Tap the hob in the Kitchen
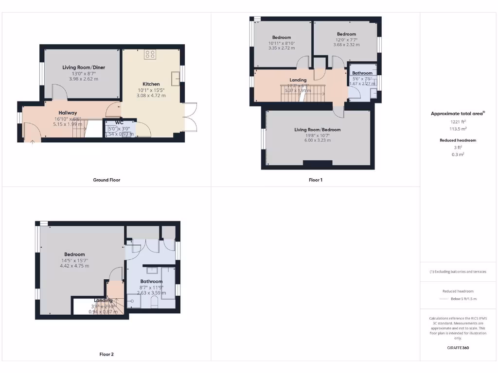click(x=150, y=54)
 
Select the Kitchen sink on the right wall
click(x=175, y=77)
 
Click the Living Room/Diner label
click(x=84, y=68)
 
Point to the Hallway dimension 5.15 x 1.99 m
click(x=69, y=124)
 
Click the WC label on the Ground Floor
click(x=120, y=122)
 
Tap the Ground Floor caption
click(x=107, y=180)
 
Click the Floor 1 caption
click(x=316, y=180)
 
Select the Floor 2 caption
click(x=107, y=354)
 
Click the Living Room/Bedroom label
click(x=317, y=130)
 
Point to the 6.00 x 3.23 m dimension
click(x=318, y=140)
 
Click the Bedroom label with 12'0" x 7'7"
click(x=346, y=34)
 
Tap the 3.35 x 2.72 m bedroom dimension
click(x=282, y=49)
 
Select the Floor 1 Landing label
click(x=298, y=80)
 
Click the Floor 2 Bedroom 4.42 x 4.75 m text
click(x=74, y=266)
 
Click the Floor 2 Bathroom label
click(x=151, y=281)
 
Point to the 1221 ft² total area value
click(x=458, y=122)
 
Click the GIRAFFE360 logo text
click(x=458, y=348)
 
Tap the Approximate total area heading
click(x=458, y=114)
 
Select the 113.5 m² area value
click(x=458, y=129)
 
